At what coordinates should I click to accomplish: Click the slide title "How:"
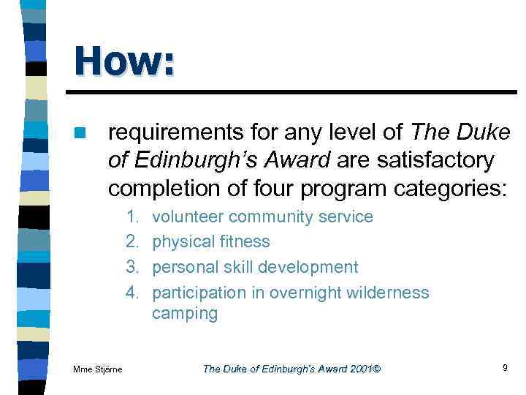[x=124, y=61]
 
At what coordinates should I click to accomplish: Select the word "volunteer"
[x=186, y=217]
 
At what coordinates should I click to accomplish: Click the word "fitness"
[x=243, y=242]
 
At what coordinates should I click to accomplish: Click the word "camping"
[x=185, y=315]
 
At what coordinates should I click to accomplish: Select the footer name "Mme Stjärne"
[x=98, y=369]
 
